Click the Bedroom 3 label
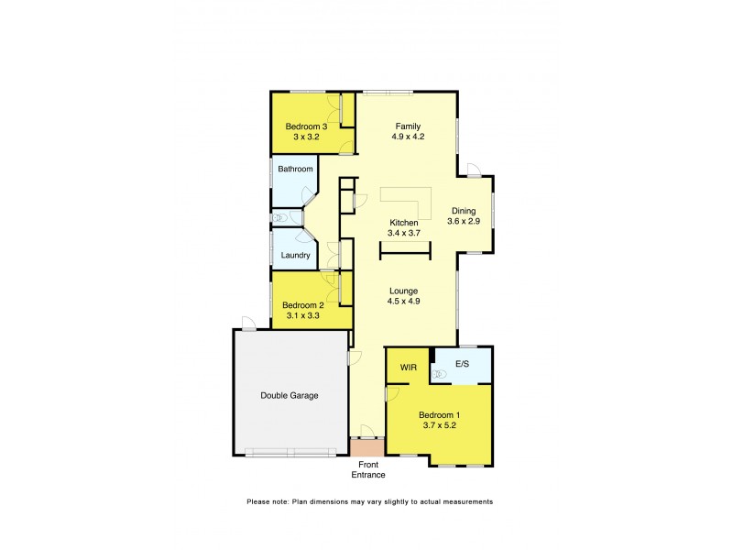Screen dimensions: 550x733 pos(306,126)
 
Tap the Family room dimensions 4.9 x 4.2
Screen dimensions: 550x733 pos(409,137)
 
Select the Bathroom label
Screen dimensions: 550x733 pos(295,169)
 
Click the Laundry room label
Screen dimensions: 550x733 pos(295,256)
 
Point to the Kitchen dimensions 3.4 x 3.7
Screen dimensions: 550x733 pos(404,234)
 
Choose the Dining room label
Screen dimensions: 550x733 pos(463,210)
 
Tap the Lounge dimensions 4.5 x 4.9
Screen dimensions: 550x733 pos(404,300)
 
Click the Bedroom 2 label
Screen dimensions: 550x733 pos(303,305)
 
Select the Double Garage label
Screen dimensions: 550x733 pos(290,396)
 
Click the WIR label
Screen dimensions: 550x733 pos(409,368)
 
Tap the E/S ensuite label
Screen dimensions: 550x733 pos(463,363)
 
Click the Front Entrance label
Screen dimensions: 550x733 pos(369,469)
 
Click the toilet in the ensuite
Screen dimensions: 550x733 pos(438,373)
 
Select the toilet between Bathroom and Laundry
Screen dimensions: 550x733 pos(280,218)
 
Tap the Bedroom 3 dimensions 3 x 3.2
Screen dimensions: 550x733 pos(306,137)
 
